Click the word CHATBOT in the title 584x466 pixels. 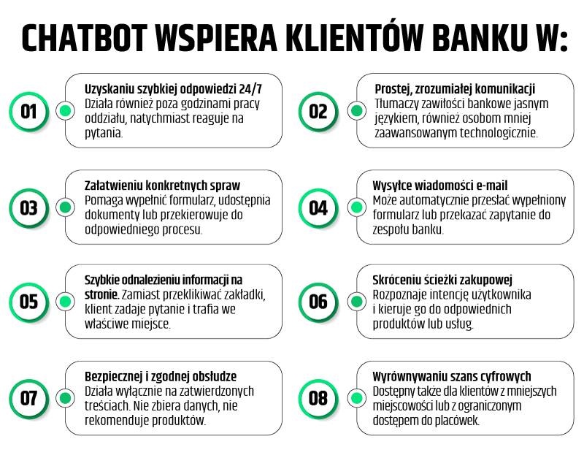click(84, 38)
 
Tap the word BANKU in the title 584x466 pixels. click(480, 38)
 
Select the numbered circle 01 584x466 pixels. click(29, 112)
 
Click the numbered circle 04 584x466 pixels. click(318, 208)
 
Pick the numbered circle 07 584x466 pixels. click(29, 399)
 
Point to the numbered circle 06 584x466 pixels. click(318, 302)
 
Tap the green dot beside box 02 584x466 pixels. click(357, 111)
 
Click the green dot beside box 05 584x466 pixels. click(66, 301)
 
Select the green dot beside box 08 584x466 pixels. click(357, 398)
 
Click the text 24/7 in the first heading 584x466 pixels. click(250, 89)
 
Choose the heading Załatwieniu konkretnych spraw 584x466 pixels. click(162, 186)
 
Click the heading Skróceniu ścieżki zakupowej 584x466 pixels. click(442, 280)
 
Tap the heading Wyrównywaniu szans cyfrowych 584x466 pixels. click(452, 377)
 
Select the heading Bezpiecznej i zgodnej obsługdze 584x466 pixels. click(161, 377)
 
